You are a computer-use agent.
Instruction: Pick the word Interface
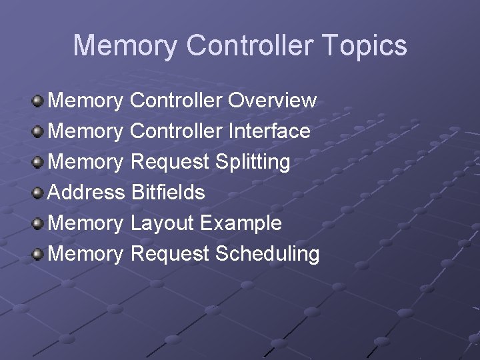pos(269,131)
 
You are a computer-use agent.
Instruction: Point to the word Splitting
pos(253,162)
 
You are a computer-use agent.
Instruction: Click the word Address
pos(87,193)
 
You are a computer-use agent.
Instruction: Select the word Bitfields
pos(168,193)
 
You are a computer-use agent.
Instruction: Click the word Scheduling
pos(267,254)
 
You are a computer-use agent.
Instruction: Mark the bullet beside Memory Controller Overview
pos(38,101)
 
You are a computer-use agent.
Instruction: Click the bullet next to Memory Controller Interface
pos(38,132)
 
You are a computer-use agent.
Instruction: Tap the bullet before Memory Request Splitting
pos(38,163)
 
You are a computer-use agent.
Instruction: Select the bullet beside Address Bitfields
pos(38,193)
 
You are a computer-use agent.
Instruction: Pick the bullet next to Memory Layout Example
pos(38,224)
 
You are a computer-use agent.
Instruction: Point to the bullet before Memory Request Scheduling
pos(38,255)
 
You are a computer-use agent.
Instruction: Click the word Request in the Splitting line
pos(170,162)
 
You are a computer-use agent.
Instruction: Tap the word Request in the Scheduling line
pos(170,254)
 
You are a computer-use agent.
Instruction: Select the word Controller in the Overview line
pos(176,101)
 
